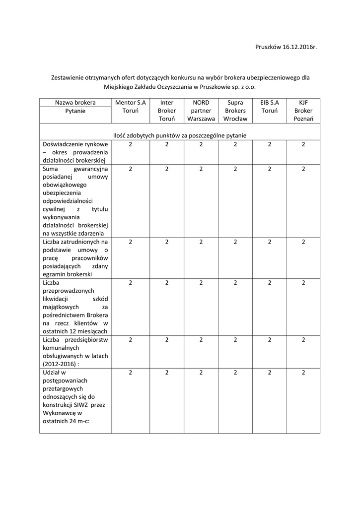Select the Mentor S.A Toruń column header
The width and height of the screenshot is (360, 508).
(130, 107)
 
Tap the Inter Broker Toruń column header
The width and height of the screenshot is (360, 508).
(167, 111)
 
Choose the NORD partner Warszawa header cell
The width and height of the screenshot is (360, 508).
(201, 111)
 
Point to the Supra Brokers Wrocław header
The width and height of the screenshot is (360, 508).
(235, 111)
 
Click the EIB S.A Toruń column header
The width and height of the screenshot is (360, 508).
(270, 107)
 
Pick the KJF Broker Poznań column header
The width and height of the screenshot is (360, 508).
(303, 111)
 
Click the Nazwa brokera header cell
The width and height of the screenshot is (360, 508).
(75, 103)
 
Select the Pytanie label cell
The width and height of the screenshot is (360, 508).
(75, 111)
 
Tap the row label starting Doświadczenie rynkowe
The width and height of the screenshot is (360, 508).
(75, 152)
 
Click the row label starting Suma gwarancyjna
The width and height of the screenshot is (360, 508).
(75, 201)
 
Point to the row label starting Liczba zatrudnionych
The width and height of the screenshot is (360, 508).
(75, 258)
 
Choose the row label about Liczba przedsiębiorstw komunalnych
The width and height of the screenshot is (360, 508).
(75, 352)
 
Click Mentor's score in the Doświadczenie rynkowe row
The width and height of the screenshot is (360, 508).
(130, 144)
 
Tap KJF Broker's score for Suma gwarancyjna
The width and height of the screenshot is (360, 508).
(303, 169)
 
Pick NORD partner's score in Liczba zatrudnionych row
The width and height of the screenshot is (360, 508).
(201, 242)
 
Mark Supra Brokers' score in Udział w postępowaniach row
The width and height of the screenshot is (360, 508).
(235, 373)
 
